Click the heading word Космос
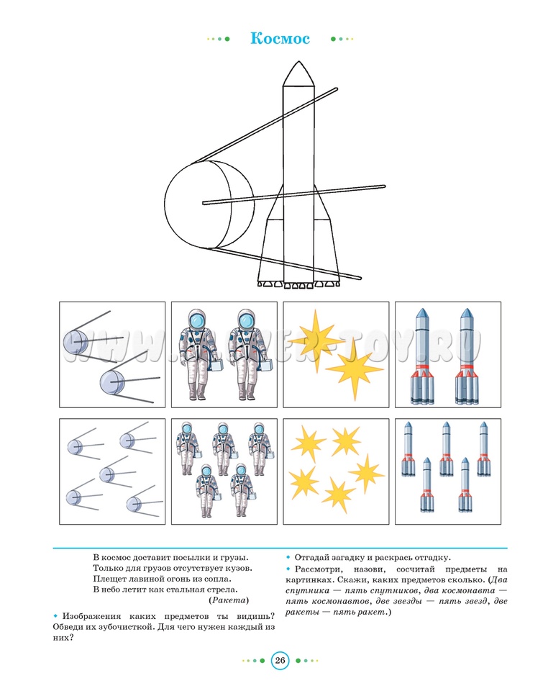pos(280,39)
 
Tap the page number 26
pos(280,661)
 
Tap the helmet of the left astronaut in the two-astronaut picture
pos(197,318)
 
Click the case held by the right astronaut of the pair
pos(264,366)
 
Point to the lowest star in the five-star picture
pos(338,493)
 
